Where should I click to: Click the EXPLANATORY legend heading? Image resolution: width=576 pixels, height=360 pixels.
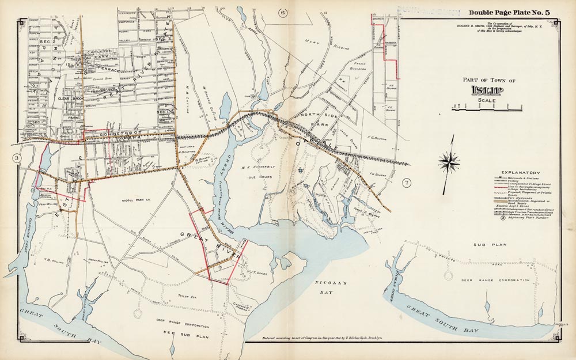click(x=520, y=172)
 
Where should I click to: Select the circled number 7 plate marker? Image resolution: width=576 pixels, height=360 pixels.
click(x=407, y=183)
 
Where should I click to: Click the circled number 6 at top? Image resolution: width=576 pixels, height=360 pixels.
click(x=283, y=13)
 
